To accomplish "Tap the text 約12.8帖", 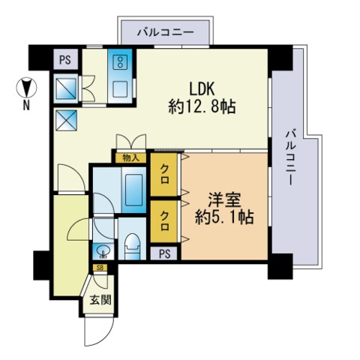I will [202, 107].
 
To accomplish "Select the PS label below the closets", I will [164, 253].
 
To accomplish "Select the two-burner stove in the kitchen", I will [121, 61].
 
